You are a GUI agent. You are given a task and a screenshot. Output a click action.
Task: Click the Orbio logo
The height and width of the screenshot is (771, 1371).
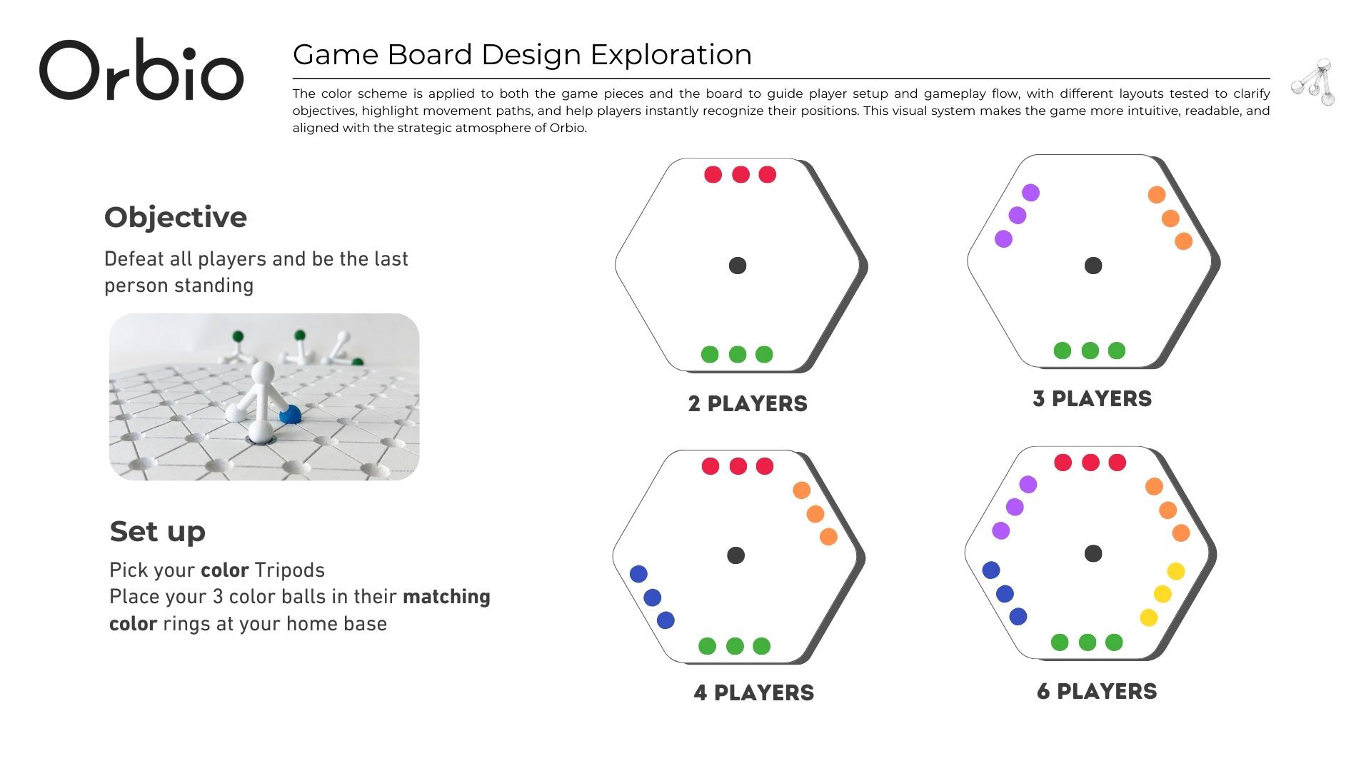(x=141, y=69)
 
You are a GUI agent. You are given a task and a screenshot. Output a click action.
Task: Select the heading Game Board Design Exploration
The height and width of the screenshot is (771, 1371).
(x=522, y=55)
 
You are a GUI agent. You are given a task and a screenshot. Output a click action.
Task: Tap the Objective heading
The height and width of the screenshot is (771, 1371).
(x=176, y=217)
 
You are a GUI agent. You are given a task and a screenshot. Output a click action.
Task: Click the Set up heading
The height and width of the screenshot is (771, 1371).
(x=158, y=532)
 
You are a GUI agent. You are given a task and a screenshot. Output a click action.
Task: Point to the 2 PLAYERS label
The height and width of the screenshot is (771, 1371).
(x=748, y=404)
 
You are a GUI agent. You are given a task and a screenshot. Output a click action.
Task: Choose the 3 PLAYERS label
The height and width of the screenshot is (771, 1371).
(x=1093, y=399)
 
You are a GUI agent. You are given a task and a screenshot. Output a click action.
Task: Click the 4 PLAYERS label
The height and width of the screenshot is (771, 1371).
(x=754, y=693)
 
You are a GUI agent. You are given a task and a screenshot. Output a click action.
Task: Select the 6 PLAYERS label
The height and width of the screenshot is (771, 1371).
(x=1097, y=692)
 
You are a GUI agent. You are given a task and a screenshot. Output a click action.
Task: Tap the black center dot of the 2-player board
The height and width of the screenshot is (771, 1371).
(x=738, y=266)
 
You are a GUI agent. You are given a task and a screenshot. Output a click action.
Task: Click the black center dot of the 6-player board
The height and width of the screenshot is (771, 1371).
(x=1093, y=553)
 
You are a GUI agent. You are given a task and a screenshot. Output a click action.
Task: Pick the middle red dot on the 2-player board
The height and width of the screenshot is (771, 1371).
(x=740, y=174)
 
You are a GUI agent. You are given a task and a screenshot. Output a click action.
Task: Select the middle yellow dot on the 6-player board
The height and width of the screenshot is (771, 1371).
(x=1162, y=594)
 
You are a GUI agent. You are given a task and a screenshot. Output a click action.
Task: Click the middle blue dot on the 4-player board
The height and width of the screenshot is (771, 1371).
(x=652, y=597)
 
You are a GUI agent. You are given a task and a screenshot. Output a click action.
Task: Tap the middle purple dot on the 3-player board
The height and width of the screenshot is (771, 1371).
(x=1018, y=216)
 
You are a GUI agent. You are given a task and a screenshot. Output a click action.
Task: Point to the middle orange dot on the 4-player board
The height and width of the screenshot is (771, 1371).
(x=815, y=514)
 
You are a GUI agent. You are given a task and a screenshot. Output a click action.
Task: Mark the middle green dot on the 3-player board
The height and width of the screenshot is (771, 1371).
(x=1090, y=351)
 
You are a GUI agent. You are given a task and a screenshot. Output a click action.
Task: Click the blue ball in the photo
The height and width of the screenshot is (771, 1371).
(x=290, y=413)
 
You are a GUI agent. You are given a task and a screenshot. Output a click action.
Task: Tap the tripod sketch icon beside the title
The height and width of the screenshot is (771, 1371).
(x=1314, y=82)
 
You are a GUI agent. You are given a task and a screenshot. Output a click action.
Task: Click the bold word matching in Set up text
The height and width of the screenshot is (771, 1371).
(x=446, y=597)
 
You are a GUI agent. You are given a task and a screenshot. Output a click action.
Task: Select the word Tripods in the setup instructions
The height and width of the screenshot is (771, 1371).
(x=289, y=570)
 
